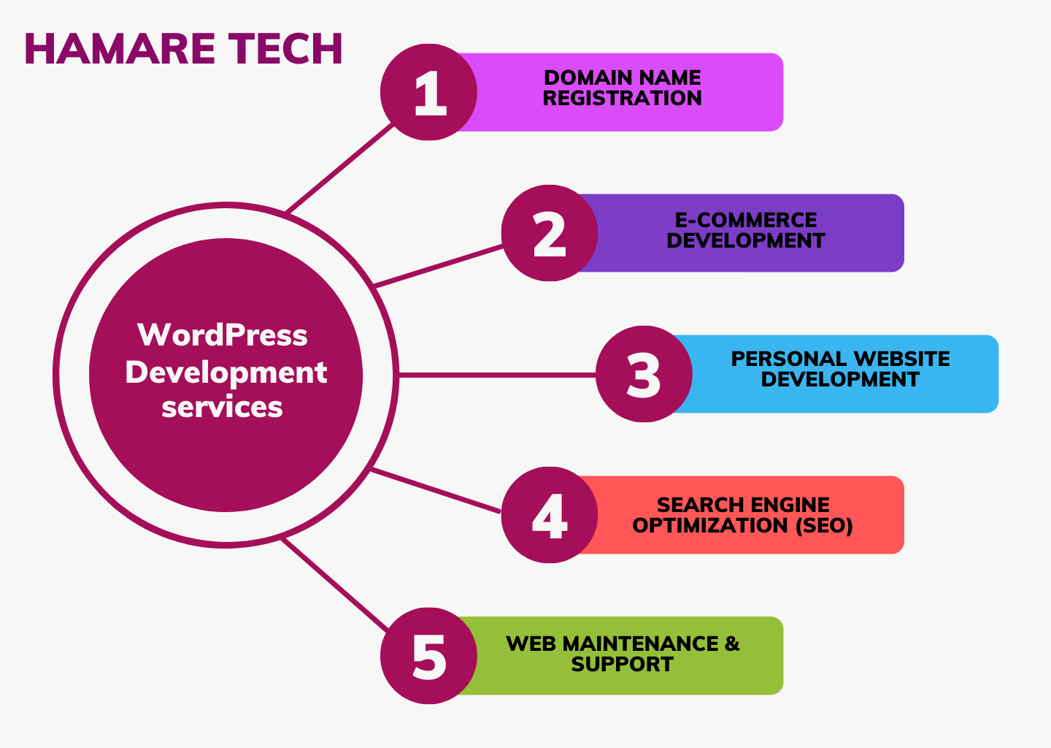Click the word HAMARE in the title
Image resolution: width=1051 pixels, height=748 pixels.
[120, 48]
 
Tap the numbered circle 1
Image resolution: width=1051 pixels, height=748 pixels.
[428, 92]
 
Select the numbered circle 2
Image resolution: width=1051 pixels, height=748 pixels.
[550, 233]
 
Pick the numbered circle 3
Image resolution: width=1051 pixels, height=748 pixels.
[644, 374]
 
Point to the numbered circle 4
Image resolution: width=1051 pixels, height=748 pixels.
[550, 515]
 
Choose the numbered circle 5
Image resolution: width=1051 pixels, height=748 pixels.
[428, 655]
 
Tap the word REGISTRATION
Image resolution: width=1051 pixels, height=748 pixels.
[622, 98]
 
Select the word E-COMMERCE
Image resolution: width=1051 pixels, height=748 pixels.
[746, 220]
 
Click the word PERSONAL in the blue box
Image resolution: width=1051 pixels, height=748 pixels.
[789, 359]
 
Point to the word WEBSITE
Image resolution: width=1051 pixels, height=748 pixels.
[902, 359]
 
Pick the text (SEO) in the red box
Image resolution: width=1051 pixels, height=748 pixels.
[825, 525]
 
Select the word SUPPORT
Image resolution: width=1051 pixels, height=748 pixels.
[622, 665]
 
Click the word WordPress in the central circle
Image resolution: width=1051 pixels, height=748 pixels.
[223, 335]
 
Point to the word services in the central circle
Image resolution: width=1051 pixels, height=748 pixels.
[222, 407]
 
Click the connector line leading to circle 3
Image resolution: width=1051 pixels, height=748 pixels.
[497, 375]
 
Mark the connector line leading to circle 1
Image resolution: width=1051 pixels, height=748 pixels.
[339, 168]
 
